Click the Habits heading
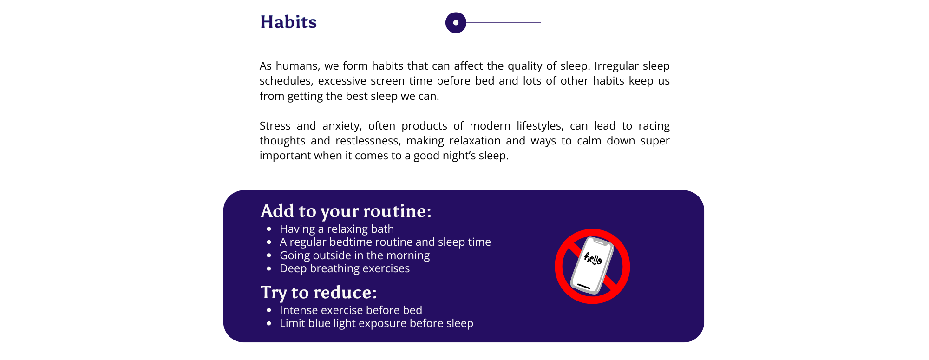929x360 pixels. [288, 22]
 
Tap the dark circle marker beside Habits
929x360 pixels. [456, 22]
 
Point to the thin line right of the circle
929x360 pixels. [504, 22]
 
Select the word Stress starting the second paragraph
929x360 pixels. [275, 126]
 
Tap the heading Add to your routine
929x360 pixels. [346, 211]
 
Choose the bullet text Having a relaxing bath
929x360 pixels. [337, 229]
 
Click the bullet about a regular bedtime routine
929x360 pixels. [385, 242]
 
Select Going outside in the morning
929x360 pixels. [354, 255]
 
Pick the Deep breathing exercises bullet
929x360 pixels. [345, 268]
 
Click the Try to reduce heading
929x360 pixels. [319, 292]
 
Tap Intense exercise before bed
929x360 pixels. [351, 310]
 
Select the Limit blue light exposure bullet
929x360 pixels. [376, 323]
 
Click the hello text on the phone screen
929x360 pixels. [593, 258]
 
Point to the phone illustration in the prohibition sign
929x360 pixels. [592, 266]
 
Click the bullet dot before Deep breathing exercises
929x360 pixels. [269, 269]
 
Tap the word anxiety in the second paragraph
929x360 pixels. [342, 126]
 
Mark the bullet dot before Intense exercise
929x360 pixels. [269, 310]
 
